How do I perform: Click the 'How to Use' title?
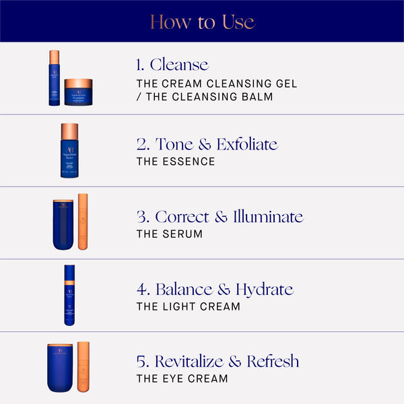coord(202,22)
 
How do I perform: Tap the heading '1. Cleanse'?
coord(172,65)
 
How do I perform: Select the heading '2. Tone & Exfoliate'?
coord(206,144)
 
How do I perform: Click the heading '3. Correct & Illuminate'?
coord(220,217)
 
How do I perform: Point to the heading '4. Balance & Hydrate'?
coord(214,290)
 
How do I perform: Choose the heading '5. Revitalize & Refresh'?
coord(217,362)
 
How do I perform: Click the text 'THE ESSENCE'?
coord(176,162)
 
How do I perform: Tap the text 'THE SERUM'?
coord(169,234)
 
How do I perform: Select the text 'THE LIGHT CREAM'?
coord(188,307)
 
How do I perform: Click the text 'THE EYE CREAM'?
coord(182,379)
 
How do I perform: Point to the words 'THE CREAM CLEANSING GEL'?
coord(216,83)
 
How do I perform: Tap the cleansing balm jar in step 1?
coord(78,92)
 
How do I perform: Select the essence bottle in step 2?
coord(69,151)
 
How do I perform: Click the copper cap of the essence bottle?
coord(69,131)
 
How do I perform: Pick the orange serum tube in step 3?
coord(83,222)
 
